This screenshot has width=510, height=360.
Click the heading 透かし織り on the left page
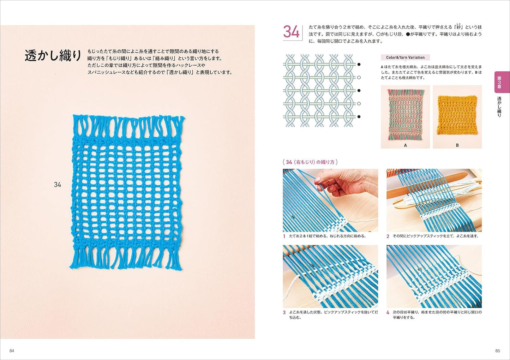coord(53,56)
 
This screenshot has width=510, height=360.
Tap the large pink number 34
coord(291,32)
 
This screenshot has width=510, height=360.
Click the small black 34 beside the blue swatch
coord(58,185)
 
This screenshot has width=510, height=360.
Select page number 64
coord(12,350)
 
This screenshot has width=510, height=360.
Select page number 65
coord(498,350)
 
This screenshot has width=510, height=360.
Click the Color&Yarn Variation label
coord(405,57)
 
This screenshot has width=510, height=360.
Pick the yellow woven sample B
coord(457,115)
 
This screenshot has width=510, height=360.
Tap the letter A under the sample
coord(405,145)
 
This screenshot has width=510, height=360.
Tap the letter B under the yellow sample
coord(457,145)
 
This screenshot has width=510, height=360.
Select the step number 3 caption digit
coord(284,312)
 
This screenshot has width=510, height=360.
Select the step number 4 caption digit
coord(388,312)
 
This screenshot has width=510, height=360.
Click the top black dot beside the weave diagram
coord(359,65)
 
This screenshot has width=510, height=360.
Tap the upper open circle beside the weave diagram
coord(359,77)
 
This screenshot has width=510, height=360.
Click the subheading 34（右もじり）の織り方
coord(310,162)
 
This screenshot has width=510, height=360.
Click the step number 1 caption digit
coord(284,236)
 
